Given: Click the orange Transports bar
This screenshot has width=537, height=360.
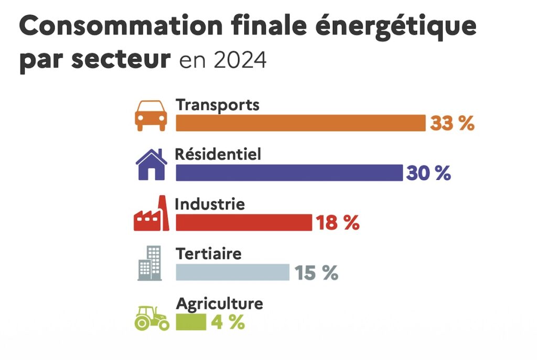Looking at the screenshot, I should coord(300,123).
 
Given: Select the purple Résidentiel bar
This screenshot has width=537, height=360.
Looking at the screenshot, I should coord(289,173).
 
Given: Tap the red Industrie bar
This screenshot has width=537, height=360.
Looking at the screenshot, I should coord(243,222).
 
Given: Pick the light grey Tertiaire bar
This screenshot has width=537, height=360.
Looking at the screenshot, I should coord(232,272).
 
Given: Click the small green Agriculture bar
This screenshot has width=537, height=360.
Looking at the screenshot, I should coord(191,322).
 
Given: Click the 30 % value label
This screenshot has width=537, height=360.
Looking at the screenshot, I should coord(428,173).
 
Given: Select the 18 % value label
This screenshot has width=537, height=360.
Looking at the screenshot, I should coord(337,223).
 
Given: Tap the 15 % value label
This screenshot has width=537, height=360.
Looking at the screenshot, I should coord(316,272).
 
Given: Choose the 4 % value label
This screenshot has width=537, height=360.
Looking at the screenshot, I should coord(228,322).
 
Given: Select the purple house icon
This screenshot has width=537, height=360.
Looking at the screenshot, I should coord(151,164).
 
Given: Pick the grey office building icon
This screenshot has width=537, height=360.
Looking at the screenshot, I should coord(150,263).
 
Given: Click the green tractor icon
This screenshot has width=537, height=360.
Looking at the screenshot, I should coord(152,318).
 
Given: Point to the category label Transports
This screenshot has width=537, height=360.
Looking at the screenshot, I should coord(218,104).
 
